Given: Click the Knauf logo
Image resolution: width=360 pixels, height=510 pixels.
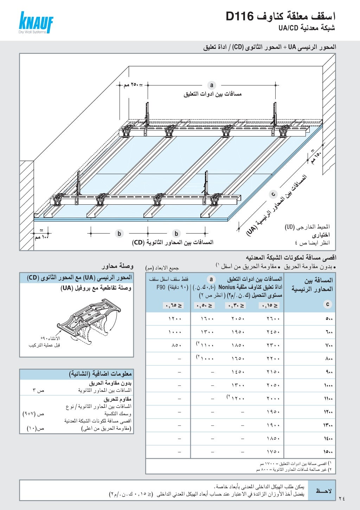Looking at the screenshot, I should tap(36, 23).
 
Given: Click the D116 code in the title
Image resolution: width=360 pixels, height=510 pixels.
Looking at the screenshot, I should tap(240, 16).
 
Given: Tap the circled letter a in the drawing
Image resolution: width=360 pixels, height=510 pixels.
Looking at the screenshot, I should tap(211, 85).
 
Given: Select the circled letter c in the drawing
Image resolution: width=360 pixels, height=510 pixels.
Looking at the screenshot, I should tap(273, 194).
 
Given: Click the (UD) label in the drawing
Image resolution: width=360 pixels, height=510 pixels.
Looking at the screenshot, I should tap(290, 227).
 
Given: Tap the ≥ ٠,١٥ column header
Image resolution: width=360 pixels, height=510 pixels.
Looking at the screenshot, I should tap(270, 306).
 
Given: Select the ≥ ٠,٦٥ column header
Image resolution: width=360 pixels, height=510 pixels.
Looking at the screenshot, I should tap(173, 306).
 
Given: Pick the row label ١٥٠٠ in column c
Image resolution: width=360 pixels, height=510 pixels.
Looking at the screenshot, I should tap(328, 452).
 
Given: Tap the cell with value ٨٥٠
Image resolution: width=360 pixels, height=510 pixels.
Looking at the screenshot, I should tap(176, 345).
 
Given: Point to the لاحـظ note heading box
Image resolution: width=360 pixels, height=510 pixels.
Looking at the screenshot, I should tap(321, 491).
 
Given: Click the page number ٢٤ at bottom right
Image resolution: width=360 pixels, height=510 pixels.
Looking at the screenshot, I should tap(342, 498).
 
